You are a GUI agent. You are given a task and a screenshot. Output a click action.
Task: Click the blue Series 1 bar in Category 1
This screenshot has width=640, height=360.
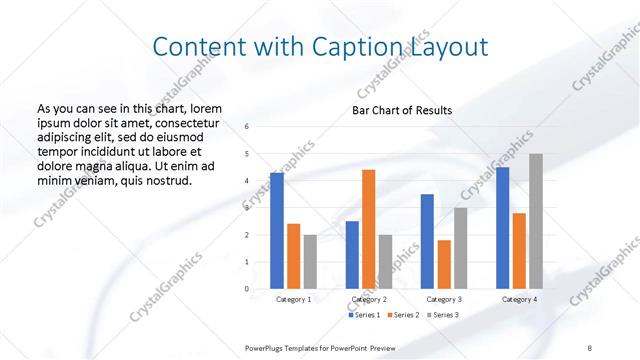click(x=277, y=231)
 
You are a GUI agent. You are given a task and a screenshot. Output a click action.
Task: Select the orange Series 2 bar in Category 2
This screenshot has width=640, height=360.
click(x=368, y=229)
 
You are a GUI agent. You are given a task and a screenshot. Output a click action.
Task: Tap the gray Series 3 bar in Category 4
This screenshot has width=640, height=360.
click(x=536, y=221)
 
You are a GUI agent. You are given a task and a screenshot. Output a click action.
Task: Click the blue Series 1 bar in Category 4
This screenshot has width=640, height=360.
click(x=502, y=228)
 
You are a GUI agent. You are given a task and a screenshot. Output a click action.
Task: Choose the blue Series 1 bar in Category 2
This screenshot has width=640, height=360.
click(x=352, y=255)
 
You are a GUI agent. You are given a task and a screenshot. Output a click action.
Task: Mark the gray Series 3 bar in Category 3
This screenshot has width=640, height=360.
click(x=461, y=248)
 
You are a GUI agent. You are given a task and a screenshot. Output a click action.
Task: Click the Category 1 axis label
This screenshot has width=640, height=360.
click(x=294, y=299)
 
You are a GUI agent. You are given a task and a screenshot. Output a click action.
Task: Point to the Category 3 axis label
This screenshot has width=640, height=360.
click(x=444, y=299)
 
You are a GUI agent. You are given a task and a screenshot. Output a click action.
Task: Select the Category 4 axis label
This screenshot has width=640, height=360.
click(x=519, y=299)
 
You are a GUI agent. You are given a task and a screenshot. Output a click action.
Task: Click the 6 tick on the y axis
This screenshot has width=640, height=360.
click(x=247, y=126)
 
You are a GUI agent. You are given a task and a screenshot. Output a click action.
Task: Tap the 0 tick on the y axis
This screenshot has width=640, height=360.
click(x=247, y=289)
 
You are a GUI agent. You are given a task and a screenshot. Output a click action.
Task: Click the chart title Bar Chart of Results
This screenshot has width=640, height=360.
click(x=402, y=110)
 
